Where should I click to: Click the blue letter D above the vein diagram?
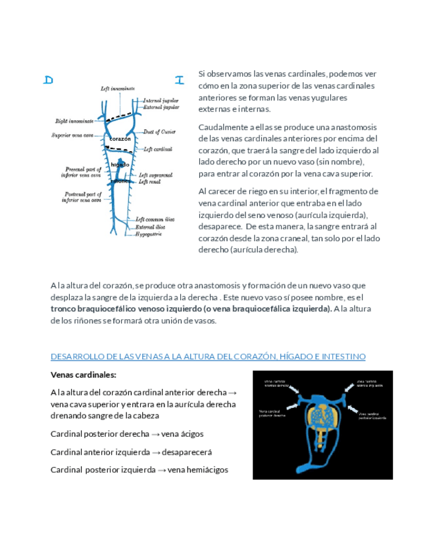point(48,80)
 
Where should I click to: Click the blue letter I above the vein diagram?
point(179,80)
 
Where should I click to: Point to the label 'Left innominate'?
point(118,89)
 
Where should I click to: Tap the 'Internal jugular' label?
point(161,100)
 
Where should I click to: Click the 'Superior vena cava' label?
point(73,135)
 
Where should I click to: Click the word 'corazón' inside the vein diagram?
point(120,139)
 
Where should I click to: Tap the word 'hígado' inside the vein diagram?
point(120,164)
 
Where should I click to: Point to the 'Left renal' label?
point(151,181)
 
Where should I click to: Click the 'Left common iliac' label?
point(155,219)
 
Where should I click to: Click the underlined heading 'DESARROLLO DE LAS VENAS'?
point(208,357)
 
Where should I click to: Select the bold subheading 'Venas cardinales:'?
point(83,375)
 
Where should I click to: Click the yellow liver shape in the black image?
point(322,420)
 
